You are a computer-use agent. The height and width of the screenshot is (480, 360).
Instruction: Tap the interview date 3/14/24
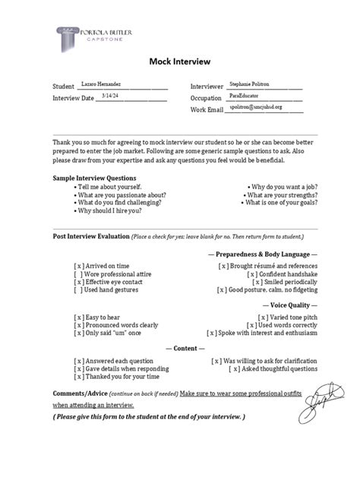(x=90, y=96)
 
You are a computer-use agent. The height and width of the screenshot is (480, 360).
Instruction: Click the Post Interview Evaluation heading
(x=90, y=236)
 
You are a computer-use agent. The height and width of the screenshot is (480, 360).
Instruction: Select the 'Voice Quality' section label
(x=283, y=305)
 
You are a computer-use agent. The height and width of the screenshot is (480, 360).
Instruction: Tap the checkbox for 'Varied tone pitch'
(x=264, y=316)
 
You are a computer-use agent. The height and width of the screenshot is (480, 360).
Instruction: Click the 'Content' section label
(x=179, y=348)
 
